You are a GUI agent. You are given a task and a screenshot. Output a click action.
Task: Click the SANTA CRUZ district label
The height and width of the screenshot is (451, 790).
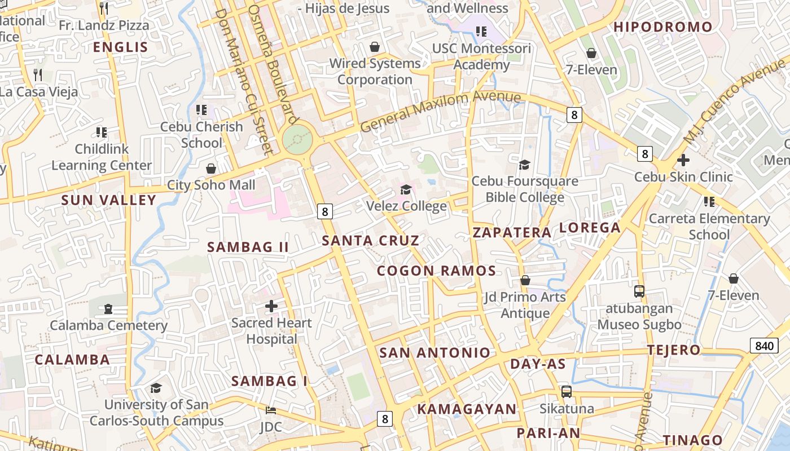click(x=370, y=241)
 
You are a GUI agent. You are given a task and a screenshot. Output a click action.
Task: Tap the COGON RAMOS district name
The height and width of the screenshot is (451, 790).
click(x=436, y=271)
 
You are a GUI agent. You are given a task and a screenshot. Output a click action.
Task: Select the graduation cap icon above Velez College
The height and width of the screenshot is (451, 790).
click(x=406, y=189)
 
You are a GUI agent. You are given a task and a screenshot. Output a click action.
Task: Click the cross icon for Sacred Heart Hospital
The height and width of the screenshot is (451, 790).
click(x=271, y=306)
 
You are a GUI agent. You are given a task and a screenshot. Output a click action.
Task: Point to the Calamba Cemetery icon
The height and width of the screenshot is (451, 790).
click(x=108, y=309)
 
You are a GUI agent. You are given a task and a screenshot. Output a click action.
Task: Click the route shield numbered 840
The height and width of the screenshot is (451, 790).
click(x=763, y=346)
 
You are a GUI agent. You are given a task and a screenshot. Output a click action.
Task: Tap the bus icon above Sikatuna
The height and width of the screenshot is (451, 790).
click(x=566, y=391)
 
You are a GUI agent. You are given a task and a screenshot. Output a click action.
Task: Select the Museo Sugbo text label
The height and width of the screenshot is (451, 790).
click(x=639, y=325)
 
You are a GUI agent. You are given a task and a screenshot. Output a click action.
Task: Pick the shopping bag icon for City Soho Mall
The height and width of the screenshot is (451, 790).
click(x=211, y=169)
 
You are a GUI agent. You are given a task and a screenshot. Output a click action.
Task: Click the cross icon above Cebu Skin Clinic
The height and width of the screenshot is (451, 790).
click(x=683, y=160)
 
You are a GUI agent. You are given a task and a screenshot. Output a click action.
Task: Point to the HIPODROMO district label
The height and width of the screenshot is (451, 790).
click(x=663, y=27)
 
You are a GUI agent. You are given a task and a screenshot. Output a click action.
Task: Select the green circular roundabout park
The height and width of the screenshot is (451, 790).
click(x=297, y=139)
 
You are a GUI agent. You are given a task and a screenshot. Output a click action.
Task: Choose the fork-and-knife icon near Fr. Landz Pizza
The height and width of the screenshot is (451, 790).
click(x=104, y=8)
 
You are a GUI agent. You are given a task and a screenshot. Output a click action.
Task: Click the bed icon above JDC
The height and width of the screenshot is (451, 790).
click(x=270, y=410)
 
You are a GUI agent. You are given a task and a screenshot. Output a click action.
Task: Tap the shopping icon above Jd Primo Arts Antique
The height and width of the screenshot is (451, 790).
click(x=525, y=280)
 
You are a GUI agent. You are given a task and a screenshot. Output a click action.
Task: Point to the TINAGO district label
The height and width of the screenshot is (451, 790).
click(x=692, y=440)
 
